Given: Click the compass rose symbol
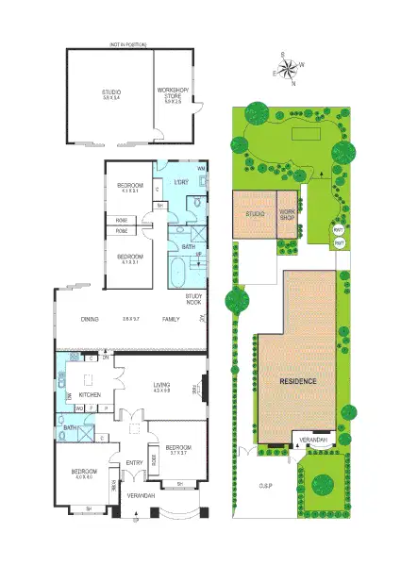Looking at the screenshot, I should [x=289, y=65].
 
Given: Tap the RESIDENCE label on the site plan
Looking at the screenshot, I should [x=297, y=380].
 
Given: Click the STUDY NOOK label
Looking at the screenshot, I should [x=192, y=299].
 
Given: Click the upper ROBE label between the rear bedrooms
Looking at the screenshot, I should [x=122, y=219].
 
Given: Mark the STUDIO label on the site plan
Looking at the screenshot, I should [x=255, y=214].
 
